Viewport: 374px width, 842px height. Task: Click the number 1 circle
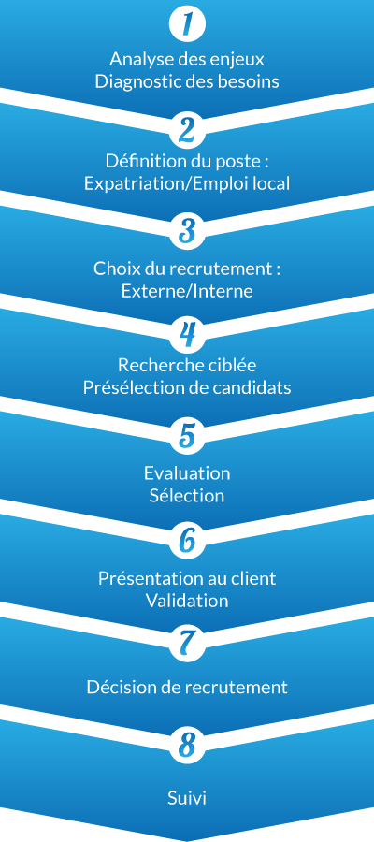point(187,24)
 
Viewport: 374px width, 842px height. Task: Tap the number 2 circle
point(187,129)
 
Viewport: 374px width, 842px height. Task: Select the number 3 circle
point(187,233)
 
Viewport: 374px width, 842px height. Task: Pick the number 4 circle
point(187,335)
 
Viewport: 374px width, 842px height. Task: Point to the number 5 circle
point(187,437)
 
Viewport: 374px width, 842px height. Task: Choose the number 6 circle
point(187,540)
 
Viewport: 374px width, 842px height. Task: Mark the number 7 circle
point(187,643)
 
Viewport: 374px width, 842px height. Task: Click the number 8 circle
point(187,746)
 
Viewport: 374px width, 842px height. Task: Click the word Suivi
point(187,797)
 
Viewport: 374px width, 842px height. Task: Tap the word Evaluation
point(187,473)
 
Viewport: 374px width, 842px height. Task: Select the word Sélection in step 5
point(187,495)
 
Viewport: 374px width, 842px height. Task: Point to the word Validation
point(187,601)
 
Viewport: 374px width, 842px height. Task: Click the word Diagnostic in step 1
point(127,82)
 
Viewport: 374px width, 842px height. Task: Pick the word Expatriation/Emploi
point(165,183)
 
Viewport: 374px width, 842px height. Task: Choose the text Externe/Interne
point(187,291)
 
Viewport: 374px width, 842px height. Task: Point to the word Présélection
point(124,387)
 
